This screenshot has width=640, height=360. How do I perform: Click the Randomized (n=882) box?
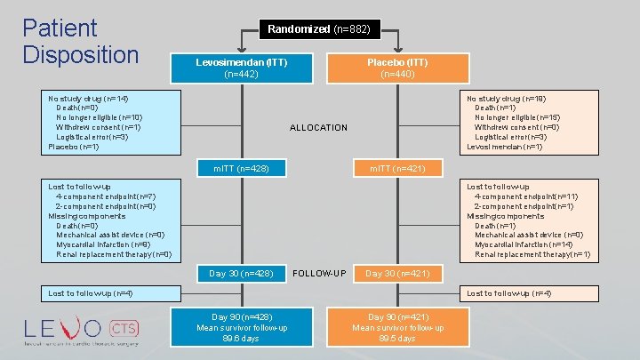coord(320,29)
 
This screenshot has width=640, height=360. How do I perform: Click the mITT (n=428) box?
coord(241,168)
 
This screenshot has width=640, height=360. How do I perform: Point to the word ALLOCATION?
coord(319,128)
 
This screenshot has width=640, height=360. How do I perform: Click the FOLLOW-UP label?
coord(319,273)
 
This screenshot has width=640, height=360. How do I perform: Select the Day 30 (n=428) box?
coord(241,273)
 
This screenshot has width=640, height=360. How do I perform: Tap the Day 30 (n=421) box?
coord(397,273)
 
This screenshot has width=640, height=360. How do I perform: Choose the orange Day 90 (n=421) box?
coord(397,327)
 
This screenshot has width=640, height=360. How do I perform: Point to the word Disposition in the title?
coord(81,54)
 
